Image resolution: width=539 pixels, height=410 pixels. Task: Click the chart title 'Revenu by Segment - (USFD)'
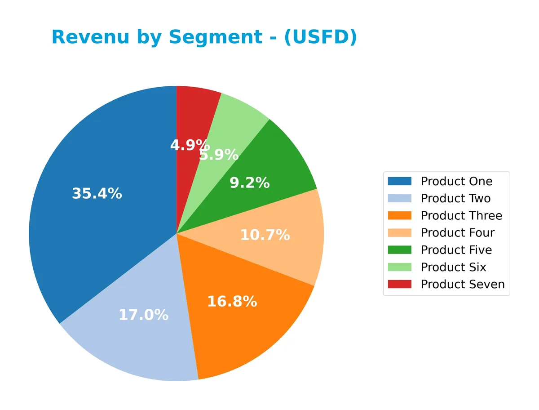[x=204, y=37]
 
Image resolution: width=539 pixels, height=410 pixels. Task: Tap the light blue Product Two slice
[x=135, y=342]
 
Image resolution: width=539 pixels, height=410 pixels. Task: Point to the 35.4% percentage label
[x=97, y=194]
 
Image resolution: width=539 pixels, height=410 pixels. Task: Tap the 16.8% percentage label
[x=232, y=302]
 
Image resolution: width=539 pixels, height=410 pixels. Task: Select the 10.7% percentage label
[x=265, y=235]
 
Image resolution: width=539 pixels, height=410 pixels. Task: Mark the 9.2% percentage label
[x=250, y=183]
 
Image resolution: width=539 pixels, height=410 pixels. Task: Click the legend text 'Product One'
[x=456, y=181]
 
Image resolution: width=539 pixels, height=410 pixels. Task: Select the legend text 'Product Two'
[x=455, y=198]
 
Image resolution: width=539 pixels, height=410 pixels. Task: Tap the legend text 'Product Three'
[x=461, y=216]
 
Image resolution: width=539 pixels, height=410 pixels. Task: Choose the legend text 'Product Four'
[x=457, y=233]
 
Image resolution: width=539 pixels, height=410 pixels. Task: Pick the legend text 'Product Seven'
[x=463, y=285]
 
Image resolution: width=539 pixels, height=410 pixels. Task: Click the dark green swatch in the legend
[x=400, y=250]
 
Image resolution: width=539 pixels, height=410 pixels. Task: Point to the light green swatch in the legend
[x=400, y=267]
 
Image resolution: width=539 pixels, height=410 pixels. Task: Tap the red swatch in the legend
[x=400, y=284]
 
